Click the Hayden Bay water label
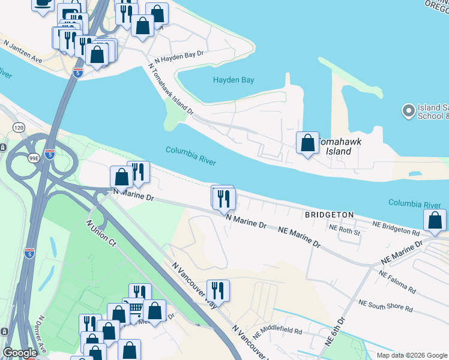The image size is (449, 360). click(234, 80)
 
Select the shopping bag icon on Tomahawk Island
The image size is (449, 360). click(307, 143)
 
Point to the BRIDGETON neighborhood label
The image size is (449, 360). click(328, 214)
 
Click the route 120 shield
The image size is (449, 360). click(19, 128)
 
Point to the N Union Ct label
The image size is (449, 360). click(101, 232)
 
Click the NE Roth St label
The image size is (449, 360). click(345, 229)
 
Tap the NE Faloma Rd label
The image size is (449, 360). click(397, 281)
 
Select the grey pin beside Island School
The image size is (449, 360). click(409, 110)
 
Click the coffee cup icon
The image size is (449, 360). click(42, 3)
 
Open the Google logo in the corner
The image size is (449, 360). click(20, 353)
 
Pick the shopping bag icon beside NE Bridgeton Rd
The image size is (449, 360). click(435, 221)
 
